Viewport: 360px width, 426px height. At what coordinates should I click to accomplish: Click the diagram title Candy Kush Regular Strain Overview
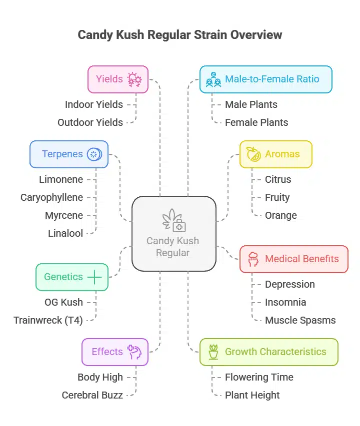coord(180,35)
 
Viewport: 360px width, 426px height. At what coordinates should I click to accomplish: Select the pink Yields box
coord(118,79)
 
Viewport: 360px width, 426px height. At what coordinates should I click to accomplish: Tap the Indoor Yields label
coord(93,104)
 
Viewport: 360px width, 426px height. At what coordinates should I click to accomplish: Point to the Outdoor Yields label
coord(90,122)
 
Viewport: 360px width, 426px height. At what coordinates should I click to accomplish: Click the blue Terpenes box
coord(69,154)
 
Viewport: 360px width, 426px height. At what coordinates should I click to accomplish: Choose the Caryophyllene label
coord(51,197)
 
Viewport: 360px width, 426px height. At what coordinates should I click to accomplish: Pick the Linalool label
coord(65,233)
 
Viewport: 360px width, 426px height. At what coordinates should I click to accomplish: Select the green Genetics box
coord(72,277)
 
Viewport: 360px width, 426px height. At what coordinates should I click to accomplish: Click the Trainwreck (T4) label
coord(48,320)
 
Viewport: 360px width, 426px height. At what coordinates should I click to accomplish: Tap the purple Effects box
coord(115,352)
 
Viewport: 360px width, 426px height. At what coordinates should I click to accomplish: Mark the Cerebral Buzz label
coord(92,395)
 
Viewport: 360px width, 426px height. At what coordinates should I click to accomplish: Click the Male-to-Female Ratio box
coord(265,79)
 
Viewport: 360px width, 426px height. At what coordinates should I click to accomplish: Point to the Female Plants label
coord(256,122)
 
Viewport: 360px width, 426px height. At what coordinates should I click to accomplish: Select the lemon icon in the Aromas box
coord(253,154)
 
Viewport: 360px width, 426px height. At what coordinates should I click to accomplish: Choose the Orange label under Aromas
coord(280,215)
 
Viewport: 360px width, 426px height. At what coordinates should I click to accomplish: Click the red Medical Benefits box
coord(293,259)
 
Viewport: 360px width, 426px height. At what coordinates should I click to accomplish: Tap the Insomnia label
coord(285,302)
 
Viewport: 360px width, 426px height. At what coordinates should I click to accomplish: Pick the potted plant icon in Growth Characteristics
coord(213,352)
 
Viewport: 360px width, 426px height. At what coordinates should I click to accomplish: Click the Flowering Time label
coord(259,377)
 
